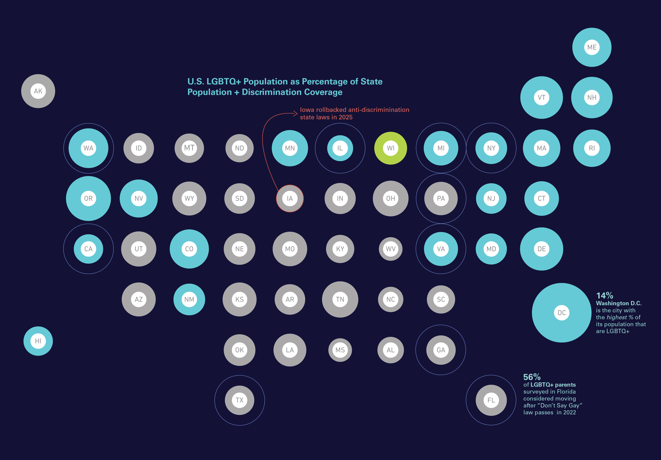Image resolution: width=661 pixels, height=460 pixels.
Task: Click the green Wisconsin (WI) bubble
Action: click(390, 148)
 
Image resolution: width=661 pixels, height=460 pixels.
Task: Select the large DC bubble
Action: click(561, 313)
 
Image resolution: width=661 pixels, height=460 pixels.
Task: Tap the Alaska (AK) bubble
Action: click(38, 91)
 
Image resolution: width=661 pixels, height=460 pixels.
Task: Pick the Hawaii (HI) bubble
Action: click(38, 341)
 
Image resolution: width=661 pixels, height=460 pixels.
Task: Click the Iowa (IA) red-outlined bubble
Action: click(290, 198)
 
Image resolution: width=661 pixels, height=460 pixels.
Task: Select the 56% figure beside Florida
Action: click(532, 377)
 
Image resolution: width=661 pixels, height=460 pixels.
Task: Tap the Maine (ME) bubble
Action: click(592, 47)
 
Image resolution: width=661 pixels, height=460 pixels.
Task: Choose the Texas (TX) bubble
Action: click(240, 400)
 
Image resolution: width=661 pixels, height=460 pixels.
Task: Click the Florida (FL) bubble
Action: click(491, 400)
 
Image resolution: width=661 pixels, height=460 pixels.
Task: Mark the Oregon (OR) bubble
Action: click(88, 198)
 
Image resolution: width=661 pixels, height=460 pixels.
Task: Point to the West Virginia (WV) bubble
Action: click(390, 249)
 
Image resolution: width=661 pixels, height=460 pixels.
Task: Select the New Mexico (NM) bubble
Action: click(189, 299)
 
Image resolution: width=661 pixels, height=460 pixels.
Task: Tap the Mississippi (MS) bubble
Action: click(340, 350)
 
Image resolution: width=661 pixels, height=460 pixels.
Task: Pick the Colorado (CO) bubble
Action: click(189, 249)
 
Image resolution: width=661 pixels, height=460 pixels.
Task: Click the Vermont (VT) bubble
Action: click(541, 98)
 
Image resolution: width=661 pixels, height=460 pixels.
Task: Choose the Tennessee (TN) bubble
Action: click(340, 299)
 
